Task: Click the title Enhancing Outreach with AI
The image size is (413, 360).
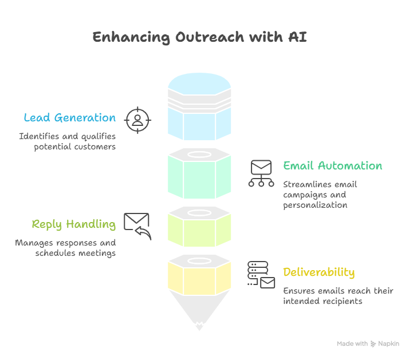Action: click(199, 38)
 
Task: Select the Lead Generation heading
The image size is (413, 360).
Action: click(69, 118)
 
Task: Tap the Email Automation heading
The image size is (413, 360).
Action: click(332, 166)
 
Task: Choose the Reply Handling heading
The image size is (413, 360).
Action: click(73, 224)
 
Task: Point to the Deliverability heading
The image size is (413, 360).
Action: click(318, 272)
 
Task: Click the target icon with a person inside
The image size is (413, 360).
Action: click(137, 120)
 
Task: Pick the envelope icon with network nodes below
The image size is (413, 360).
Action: click(261, 173)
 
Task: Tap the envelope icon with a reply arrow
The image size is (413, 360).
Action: click(137, 226)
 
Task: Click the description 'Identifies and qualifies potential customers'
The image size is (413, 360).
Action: click(68, 141)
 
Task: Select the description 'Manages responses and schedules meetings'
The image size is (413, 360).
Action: click(65, 247)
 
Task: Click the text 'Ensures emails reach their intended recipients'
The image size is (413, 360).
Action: click(338, 296)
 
